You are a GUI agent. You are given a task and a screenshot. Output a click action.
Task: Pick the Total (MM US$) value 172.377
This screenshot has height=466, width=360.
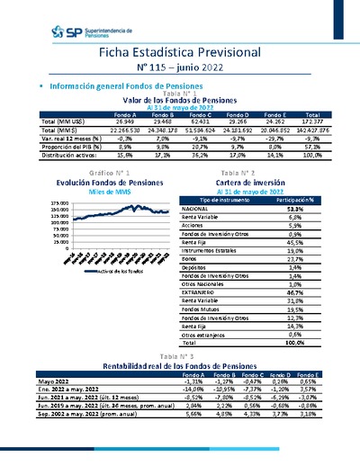pyautogui.click(x=313, y=122)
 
